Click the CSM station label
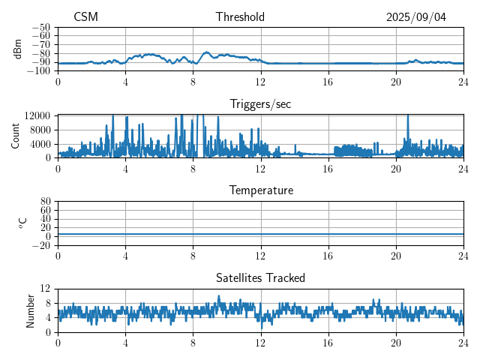pos(85,17)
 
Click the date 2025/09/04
pos(416,17)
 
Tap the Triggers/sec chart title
pos(260,104)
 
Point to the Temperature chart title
pos(260,190)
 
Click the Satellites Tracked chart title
pos(260,277)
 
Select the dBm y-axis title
pos(18,49)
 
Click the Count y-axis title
pos(15,136)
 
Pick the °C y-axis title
pos(22,223)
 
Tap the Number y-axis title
pos(30,310)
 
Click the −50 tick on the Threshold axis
pos(40,27)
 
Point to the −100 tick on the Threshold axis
pos(38,71)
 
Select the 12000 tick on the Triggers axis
pos(37,115)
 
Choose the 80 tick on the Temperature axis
pos(45,202)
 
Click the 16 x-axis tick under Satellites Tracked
pos(328,343)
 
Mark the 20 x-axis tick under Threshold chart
pos(396,82)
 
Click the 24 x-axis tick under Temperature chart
pos(463,256)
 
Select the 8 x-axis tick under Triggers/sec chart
pos(193,169)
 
